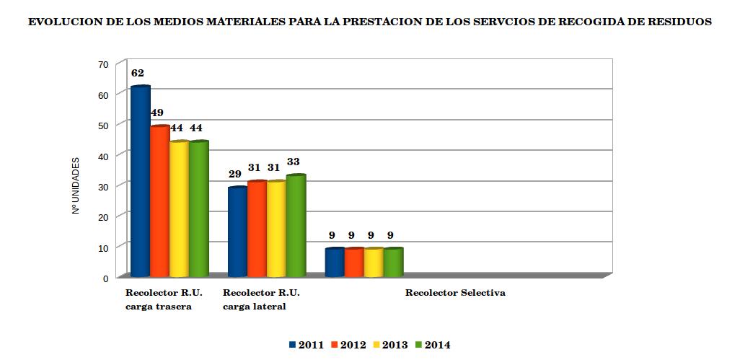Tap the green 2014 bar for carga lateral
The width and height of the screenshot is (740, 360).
296,226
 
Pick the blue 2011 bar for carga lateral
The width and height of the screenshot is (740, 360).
237,232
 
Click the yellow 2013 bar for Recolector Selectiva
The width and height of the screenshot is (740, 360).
373,263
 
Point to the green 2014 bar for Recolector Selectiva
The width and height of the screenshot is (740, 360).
392,263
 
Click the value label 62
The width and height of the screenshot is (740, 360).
138,73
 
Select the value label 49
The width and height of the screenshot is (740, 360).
157,113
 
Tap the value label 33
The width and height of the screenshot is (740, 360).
293,162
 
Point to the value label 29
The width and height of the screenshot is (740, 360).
234,174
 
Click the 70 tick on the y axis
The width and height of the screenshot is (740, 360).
102,64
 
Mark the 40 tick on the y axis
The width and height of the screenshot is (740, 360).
102,156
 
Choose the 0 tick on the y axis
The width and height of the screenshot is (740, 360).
105,278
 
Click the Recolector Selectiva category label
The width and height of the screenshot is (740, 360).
454,293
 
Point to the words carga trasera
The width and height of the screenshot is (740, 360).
159,307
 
